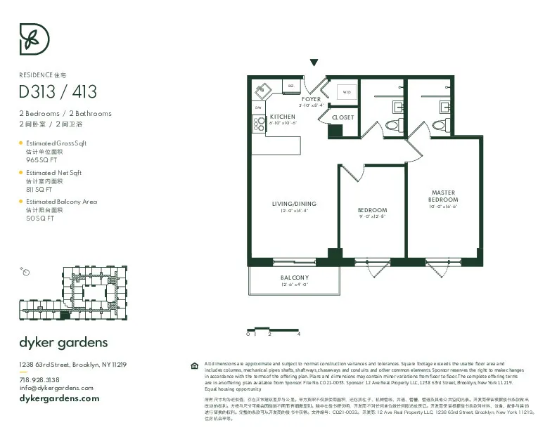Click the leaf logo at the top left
point(34,39)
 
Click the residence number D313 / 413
point(58,91)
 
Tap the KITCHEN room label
point(283,117)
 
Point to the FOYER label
point(311,100)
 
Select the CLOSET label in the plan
point(343,117)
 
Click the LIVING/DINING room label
point(294,204)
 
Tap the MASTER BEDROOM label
point(443,196)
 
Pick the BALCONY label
point(295,278)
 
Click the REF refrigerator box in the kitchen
point(290,86)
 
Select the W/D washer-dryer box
point(347,92)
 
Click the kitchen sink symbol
point(263,91)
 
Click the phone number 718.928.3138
point(39,379)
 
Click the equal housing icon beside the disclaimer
point(195,365)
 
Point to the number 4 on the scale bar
point(299,334)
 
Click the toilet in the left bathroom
point(392,125)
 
